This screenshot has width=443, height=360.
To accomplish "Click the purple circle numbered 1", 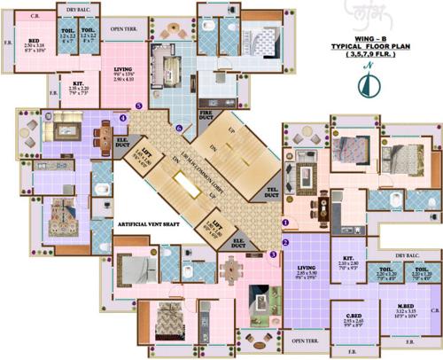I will [286, 223].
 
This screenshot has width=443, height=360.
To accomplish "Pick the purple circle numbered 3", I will [273, 254].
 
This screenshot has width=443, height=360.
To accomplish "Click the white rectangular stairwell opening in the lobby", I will [190, 184].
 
